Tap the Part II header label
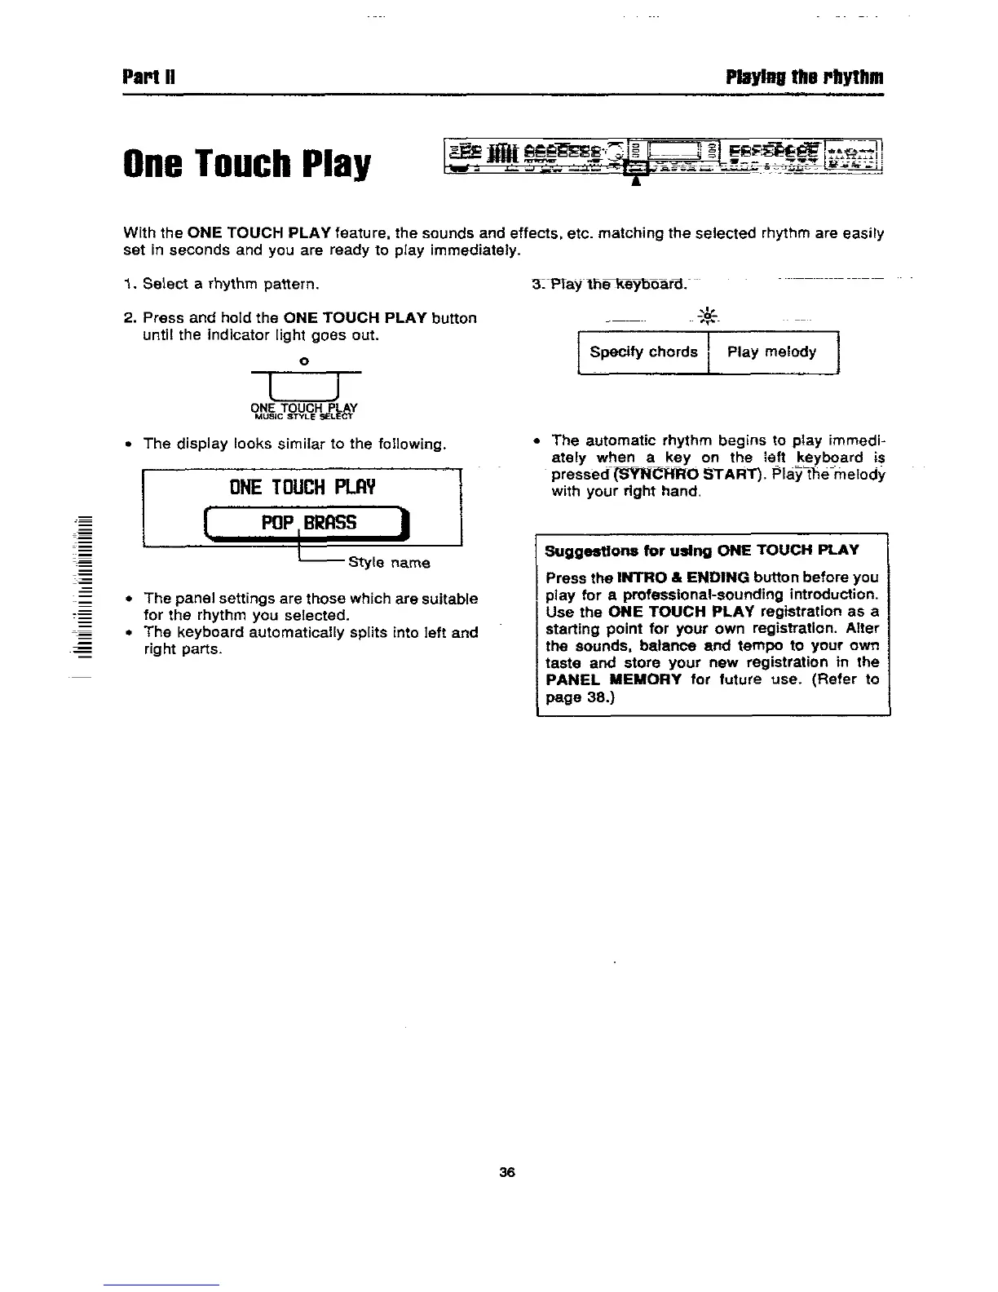pyautogui.click(x=144, y=78)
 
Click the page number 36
pyautogui.click(x=507, y=1173)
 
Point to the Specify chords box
pyautogui.click(x=643, y=352)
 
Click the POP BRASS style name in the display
pyautogui.click(x=308, y=523)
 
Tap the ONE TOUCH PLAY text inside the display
pyautogui.click(x=303, y=488)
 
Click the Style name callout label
pyautogui.click(x=389, y=563)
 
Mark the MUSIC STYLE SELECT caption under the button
pyautogui.click(x=304, y=416)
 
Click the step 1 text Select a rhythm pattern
pyautogui.click(x=223, y=285)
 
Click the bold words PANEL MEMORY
pyautogui.click(x=613, y=679)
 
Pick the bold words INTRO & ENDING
pyautogui.click(x=683, y=577)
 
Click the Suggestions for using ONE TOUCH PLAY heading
pyautogui.click(x=702, y=550)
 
